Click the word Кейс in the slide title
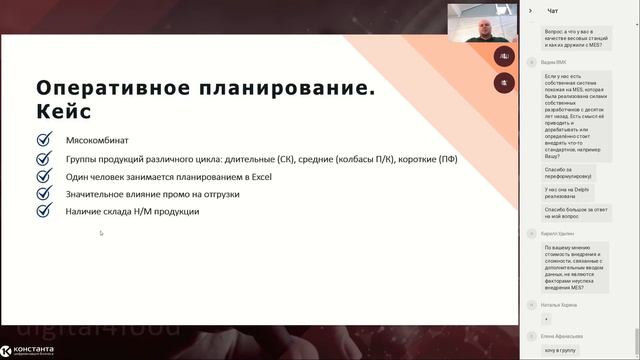(63, 111)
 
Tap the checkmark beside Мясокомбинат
(43, 141)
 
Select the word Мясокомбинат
(95, 141)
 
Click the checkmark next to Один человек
(43, 176)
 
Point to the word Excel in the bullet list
(259, 177)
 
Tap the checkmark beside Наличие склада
(43, 211)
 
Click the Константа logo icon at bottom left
(8, 350)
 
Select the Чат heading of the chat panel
(553, 11)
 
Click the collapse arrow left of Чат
(531, 11)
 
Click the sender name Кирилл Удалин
(560, 232)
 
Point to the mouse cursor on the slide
(101, 234)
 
